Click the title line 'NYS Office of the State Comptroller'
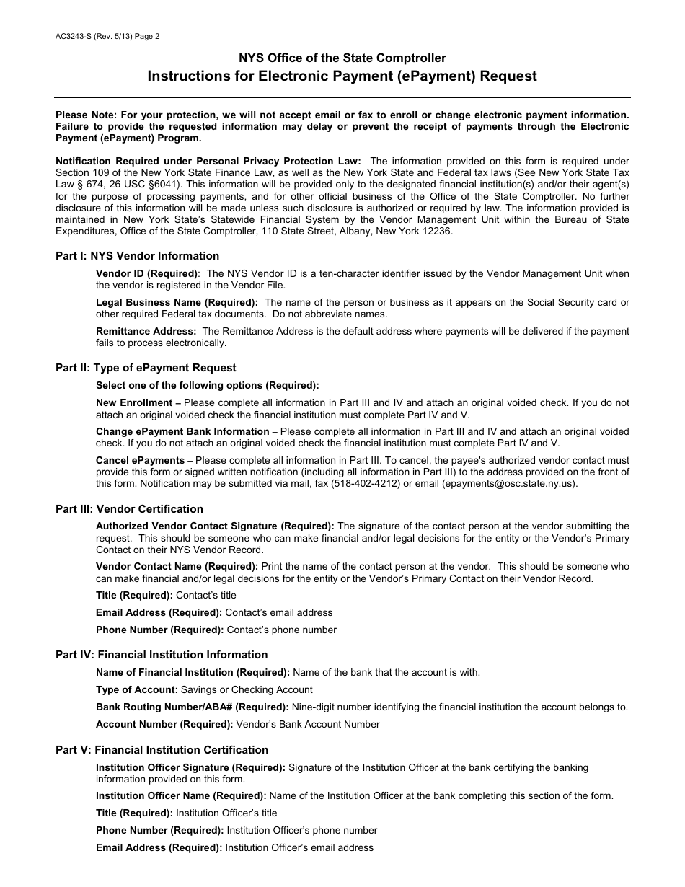tap(342, 58)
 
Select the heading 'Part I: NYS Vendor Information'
tap(137, 256)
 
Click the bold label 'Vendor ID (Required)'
tap(147, 274)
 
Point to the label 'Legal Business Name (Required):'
tap(177, 303)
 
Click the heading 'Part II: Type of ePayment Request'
tap(146, 368)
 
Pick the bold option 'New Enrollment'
tap(134, 403)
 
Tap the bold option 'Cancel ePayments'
tap(140, 461)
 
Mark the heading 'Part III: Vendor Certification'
tap(129, 509)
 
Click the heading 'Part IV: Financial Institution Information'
tap(162, 655)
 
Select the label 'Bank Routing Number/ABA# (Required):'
tap(192, 707)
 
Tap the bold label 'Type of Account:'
tap(136, 690)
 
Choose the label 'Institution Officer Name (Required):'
tap(181, 796)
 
